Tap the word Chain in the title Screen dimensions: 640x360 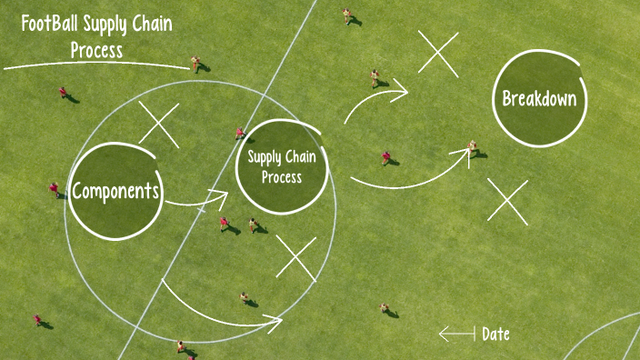click(145, 25)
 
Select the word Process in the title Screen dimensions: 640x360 click(96, 49)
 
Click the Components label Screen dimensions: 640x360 click(116, 191)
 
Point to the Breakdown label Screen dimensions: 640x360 click(539, 98)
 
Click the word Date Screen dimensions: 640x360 click(495, 335)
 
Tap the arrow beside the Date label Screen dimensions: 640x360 click(456, 335)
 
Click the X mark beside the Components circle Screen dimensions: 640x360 click(159, 125)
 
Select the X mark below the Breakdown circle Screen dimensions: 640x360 click(507, 201)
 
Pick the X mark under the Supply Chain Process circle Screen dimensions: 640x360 click(295, 257)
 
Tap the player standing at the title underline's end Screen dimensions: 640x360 click(195, 64)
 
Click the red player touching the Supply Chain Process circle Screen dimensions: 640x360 click(240, 133)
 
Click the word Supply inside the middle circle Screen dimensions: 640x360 click(265, 158)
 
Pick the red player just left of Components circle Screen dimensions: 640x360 click(54, 188)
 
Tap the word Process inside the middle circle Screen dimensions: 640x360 click(282, 177)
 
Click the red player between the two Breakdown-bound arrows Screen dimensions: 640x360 click(385, 157)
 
